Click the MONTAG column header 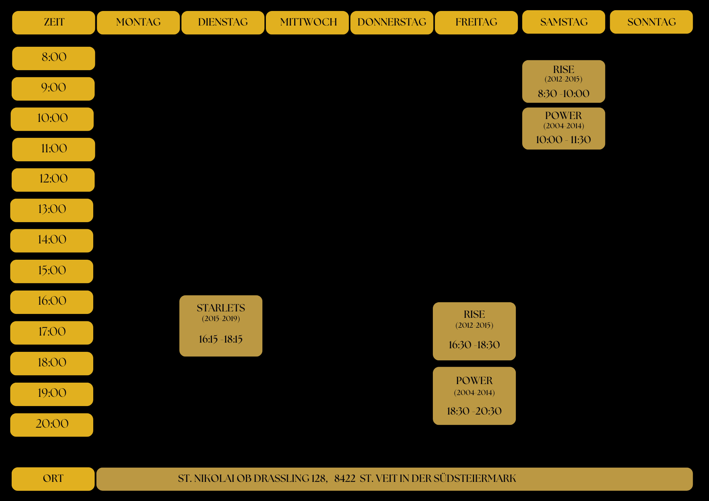coord(138,22)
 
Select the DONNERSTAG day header coord(392,22)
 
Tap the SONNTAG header coord(651,22)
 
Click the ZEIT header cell coord(54,22)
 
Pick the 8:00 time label coord(54,58)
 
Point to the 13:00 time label coord(52,210)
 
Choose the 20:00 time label coord(52,424)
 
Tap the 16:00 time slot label coord(52,302)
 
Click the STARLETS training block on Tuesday coord(220,326)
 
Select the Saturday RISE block coord(563,81)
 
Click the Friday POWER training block coord(474,395)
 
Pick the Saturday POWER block coord(563,128)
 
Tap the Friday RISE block coord(474,331)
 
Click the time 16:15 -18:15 coord(220,339)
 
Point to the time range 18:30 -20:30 coord(474,411)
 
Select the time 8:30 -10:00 coord(563,94)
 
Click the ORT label coord(53,479)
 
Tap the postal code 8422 coord(345,479)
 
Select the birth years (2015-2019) coord(220,319)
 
